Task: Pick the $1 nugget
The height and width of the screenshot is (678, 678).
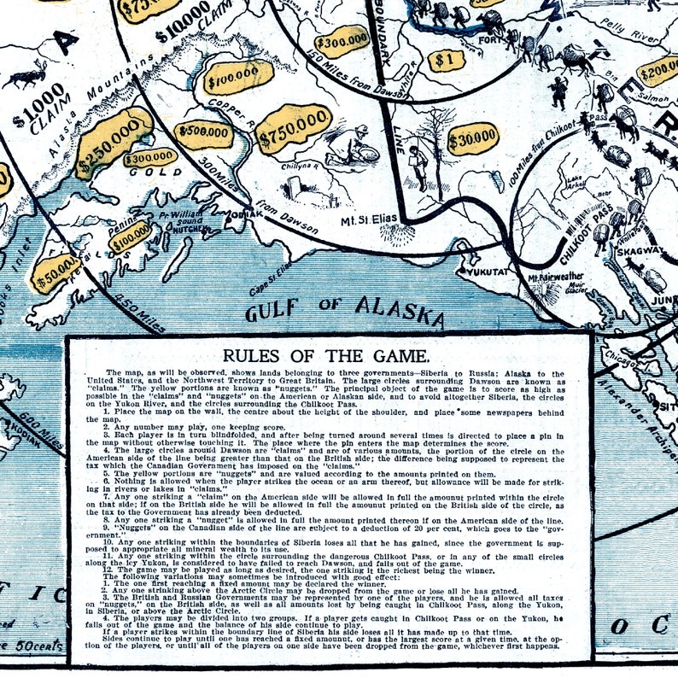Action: coord(442,61)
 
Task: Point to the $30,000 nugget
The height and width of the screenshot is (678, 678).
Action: coord(472,138)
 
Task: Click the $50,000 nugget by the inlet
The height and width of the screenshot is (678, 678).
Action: coord(55,272)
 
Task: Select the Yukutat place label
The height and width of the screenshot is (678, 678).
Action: coord(488,272)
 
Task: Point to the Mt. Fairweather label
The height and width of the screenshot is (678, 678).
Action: coord(556,276)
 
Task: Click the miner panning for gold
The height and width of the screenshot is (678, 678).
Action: coord(351,145)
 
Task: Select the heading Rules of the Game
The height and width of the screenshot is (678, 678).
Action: coord(328,355)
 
